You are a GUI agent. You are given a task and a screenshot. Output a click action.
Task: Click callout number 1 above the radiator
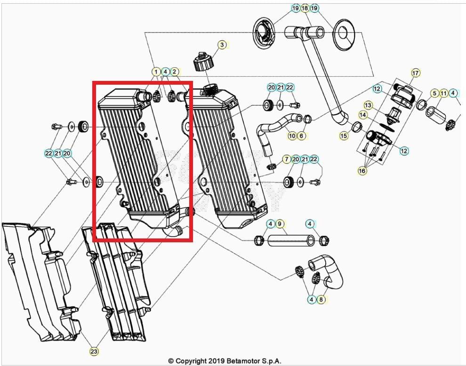point(156,72)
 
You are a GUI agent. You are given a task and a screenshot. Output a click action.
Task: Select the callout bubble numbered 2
point(175,72)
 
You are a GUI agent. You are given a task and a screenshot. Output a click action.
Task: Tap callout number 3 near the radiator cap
point(222,45)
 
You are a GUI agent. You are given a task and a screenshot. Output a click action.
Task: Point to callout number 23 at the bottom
point(94,351)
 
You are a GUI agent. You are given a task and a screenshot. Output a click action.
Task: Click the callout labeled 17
point(415,73)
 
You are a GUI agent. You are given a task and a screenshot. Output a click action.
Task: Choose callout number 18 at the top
point(305,8)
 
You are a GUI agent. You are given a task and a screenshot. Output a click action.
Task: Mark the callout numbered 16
point(362,171)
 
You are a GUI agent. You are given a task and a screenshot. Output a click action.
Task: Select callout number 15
point(344,135)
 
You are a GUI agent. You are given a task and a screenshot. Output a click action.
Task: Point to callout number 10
point(292,136)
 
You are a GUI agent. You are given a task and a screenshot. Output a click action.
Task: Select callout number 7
point(286,159)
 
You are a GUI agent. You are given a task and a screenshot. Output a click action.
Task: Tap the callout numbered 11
point(444,93)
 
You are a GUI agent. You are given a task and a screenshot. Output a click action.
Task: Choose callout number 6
point(302,136)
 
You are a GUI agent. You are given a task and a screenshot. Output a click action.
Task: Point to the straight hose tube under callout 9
point(291,241)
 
